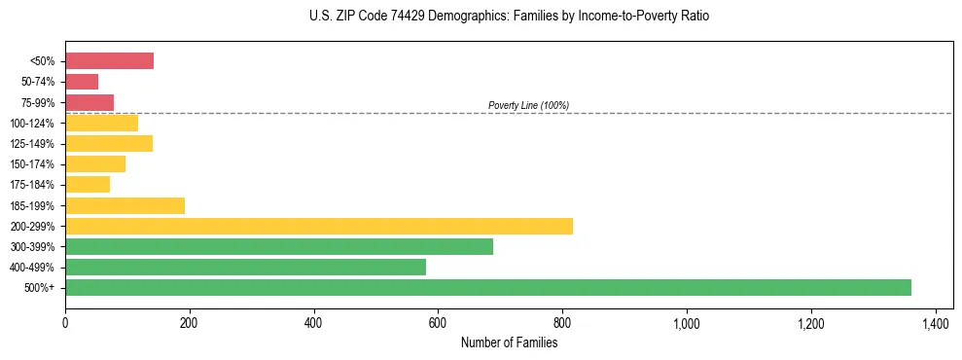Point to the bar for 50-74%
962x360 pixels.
pyautogui.click(x=82, y=82)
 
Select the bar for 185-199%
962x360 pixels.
pyautogui.click(x=125, y=205)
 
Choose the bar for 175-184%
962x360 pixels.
pyautogui.click(x=88, y=185)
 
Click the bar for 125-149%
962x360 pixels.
pyautogui.click(x=109, y=144)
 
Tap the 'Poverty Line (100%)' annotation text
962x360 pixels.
pyautogui.click(x=528, y=105)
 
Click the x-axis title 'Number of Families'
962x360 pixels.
pyautogui.click(x=509, y=342)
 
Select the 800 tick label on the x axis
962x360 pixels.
pyautogui.click(x=562, y=322)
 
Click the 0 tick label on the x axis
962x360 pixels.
pyautogui.click(x=65, y=322)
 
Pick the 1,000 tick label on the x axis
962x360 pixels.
pyautogui.click(x=687, y=322)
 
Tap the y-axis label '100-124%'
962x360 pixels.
pyautogui.click(x=32, y=124)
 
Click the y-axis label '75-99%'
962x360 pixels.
pyautogui.click(x=38, y=103)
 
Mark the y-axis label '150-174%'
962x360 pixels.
pyautogui.click(x=32, y=164)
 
